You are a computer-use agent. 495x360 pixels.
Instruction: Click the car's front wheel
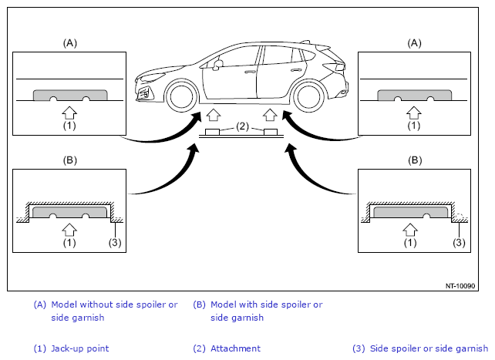(x=181, y=96)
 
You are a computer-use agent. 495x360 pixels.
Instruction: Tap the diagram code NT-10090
(x=460, y=286)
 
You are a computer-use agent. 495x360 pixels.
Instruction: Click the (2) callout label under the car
(x=242, y=126)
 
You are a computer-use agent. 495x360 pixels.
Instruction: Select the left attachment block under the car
(x=212, y=132)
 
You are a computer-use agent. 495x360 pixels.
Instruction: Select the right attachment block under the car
(x=271, y=132)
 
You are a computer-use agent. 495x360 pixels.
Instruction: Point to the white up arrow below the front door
(x=214, y=115)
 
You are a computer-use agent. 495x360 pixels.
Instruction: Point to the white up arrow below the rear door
(x=270, y=115)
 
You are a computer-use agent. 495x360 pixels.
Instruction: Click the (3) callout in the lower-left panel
(x=115, y=243)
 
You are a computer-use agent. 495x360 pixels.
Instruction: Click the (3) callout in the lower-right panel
(x=459, y=243)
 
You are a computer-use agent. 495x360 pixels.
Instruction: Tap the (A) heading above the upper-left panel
(x=69, y=43)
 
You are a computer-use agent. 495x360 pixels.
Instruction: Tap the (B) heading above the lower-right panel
(x=415, y=160)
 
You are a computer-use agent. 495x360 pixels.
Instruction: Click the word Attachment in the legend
(x=235, y=348)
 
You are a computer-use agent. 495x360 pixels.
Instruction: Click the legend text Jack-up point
(x=80, y=348)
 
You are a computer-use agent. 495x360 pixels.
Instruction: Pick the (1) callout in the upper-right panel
(x=414, y=126)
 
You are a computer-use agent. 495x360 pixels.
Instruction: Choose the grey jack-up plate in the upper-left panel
(x=70, y=96)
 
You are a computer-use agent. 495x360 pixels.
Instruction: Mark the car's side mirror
(x=217, y=65)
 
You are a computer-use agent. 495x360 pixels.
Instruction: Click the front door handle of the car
(x=250, y=72)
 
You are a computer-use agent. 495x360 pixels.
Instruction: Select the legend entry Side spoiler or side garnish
(x=429, y=348)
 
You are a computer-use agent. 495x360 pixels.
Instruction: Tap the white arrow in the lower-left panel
(x=69, y=230)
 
